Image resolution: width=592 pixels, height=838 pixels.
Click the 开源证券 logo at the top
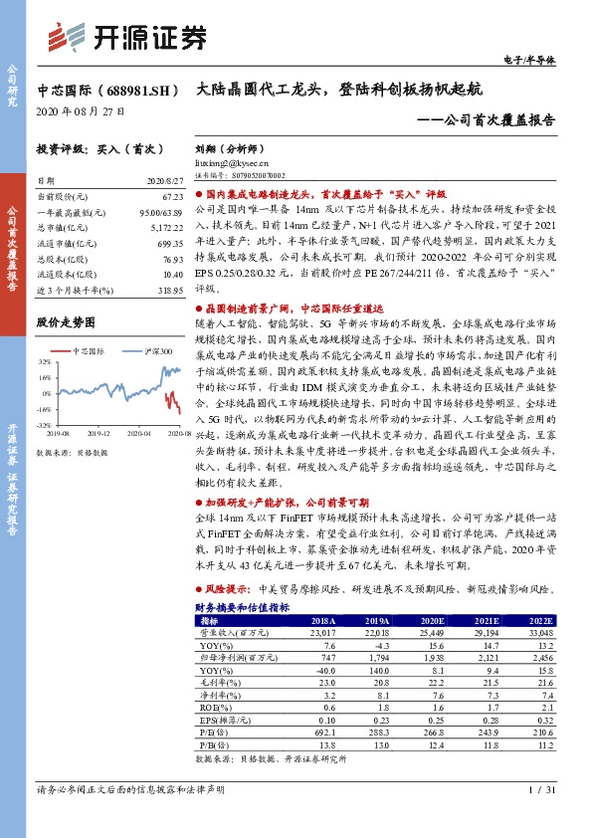coord(128,37)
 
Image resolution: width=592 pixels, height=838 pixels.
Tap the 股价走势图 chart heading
coord(65,322)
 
